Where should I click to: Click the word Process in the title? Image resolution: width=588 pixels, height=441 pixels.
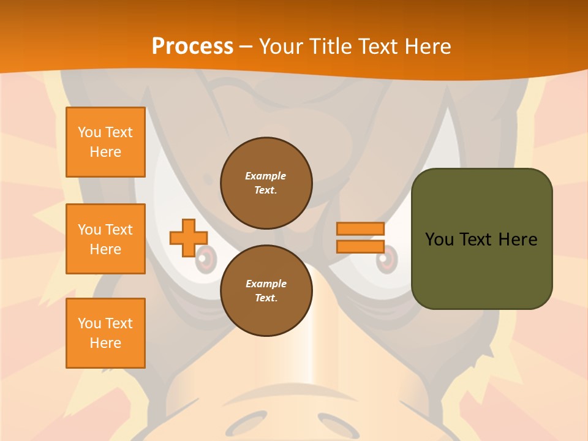[192, 47]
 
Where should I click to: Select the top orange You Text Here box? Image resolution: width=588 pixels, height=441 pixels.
[105, 142]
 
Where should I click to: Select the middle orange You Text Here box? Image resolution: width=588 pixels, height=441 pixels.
[105, 239]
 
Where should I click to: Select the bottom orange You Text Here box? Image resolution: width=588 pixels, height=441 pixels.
[105, 333]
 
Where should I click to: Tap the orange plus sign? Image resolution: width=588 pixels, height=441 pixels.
[188, 238]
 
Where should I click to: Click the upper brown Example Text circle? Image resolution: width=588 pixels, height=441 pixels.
[266, 183]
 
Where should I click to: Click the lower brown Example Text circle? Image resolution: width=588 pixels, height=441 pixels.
[266, 290]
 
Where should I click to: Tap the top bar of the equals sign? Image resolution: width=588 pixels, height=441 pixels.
[360, 228]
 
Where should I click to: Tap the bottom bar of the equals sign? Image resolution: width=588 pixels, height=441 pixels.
[360, 247]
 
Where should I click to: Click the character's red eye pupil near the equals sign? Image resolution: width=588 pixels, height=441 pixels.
[385, 262]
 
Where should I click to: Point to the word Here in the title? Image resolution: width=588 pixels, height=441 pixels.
[427, 47]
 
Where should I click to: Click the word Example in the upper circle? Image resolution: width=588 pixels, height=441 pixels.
[266, 176]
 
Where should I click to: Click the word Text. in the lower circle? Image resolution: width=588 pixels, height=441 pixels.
[266, 298]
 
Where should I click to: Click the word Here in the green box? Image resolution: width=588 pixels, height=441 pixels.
[518, 239]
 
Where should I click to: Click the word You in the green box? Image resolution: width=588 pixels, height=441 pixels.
[439, 239]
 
